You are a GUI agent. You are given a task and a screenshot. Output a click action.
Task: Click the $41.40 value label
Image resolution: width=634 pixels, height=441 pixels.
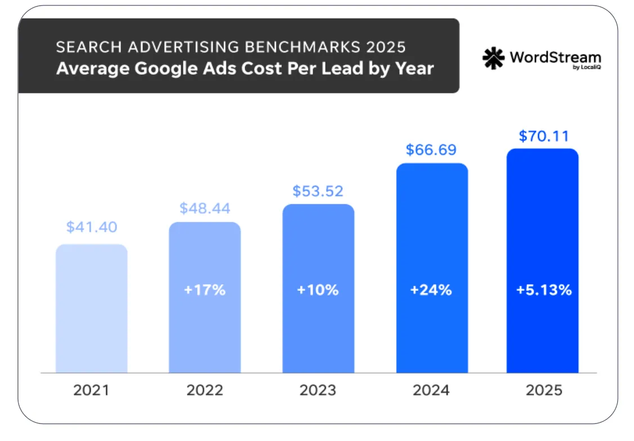pos(92,227)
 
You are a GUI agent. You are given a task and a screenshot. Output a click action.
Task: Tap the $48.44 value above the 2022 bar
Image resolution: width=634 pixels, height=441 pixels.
pos(205,208)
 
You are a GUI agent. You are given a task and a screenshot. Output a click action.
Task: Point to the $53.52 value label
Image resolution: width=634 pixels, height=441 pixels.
pos(318,191)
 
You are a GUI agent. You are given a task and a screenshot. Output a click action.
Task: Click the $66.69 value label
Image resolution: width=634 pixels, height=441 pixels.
pos(432,150)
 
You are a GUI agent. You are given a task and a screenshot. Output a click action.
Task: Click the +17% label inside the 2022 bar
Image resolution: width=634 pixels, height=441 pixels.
pos(205,290)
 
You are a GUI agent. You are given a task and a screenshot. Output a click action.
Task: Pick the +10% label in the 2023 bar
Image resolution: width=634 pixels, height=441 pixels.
pos(318,290)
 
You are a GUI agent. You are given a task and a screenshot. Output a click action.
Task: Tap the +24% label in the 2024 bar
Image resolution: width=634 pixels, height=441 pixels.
pos(432,290)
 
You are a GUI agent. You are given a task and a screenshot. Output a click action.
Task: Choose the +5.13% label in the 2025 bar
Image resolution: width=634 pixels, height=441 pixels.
pos(544,290)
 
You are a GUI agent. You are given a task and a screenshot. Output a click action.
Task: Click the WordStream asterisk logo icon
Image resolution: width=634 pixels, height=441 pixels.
pos(494,58)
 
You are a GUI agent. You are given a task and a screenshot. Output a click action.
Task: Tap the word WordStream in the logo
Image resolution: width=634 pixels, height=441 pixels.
pos(555,57)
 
